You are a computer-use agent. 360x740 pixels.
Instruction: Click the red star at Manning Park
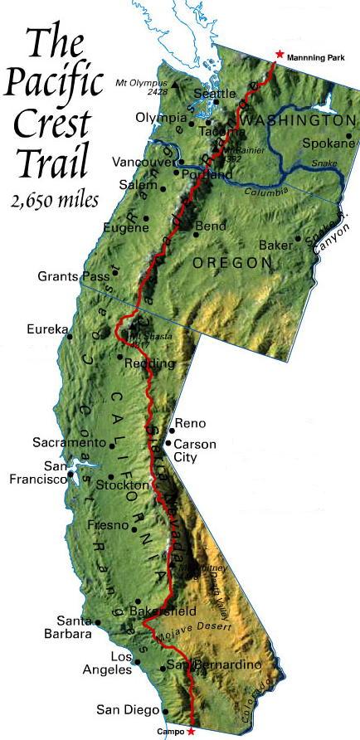coord(279,54)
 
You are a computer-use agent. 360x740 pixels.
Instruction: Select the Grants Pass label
coord(73,275)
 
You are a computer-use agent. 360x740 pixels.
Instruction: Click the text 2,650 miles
coord(56,200)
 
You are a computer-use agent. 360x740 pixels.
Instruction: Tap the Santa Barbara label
coord(72,627)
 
